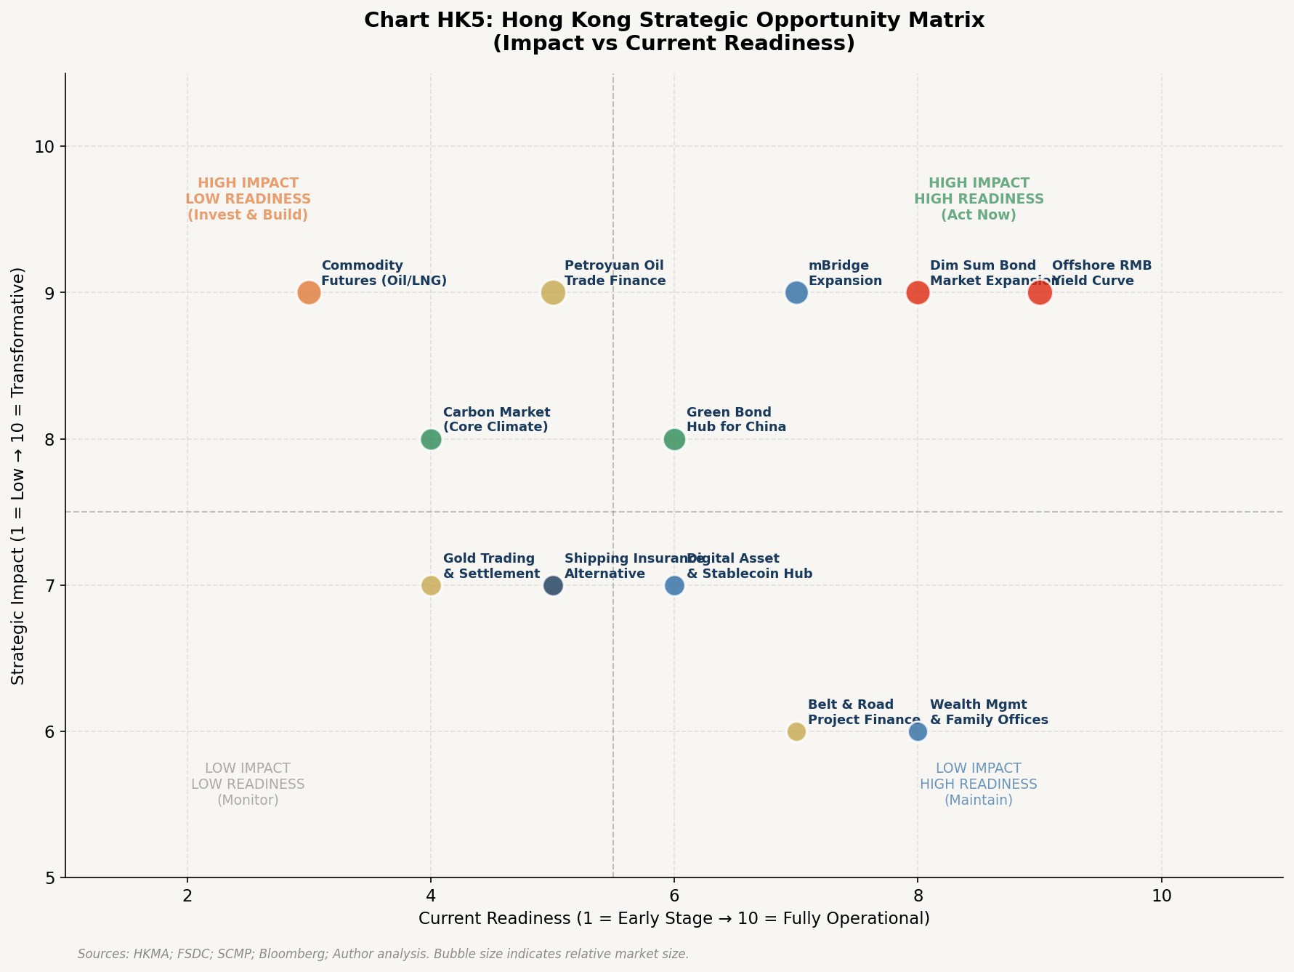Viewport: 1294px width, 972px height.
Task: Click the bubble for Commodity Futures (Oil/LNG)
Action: coord(309,293)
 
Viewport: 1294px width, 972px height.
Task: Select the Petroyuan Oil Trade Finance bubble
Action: coord(553,293)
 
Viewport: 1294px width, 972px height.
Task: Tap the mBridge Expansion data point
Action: coord(796,293)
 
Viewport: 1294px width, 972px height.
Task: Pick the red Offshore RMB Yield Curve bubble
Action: coord(1040,293)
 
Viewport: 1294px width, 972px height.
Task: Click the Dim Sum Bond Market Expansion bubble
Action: coord(918,293)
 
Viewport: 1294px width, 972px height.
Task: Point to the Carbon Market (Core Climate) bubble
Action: coord(431,439)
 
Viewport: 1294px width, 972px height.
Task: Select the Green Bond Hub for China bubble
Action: coord(674,439)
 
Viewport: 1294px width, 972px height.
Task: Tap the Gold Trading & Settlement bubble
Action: coord(431,585)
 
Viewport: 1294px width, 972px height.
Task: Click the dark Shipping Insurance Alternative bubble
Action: coord(553,585)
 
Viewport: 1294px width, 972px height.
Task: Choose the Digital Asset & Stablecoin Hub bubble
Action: coord(674,585)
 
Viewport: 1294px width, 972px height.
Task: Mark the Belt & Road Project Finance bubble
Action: coord(796,731)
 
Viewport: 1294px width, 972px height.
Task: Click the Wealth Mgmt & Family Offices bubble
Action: coord(918,731)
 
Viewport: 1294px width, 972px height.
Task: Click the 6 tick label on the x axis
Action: coord(674,895)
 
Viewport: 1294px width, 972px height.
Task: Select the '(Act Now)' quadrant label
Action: coord(979,215)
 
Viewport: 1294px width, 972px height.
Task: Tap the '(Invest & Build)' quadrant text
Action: coord(248,215)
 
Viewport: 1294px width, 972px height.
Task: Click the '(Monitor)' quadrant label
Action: coord(248,800)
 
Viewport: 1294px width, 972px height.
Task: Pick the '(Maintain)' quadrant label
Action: coord(979,800)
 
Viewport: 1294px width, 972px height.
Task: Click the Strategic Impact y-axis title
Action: coord(19,475)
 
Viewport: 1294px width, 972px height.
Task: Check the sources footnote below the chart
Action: coord(383,954)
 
